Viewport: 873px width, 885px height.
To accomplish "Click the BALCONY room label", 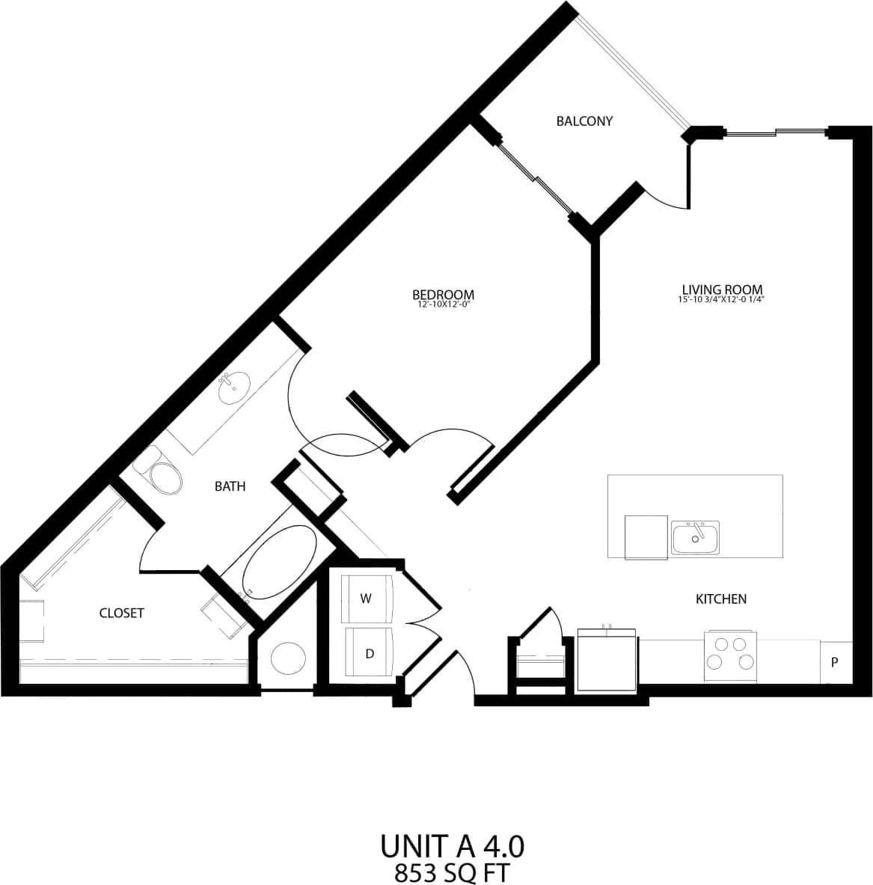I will (584, 121).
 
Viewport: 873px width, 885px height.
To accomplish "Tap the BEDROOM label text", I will (444, 294).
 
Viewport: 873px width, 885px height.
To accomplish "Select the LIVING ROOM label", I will (722, 290).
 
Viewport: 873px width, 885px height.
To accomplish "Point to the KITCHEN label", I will (721, 598).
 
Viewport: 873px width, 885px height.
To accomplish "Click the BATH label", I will (230, 486).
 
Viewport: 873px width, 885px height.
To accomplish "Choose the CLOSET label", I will (121, 613).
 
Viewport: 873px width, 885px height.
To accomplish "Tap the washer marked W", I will (367, 598).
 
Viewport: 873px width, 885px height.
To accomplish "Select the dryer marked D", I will (369, 652).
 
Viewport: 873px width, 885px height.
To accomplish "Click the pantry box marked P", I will (835, 662).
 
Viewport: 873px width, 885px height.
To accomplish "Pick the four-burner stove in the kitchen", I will (730, 653).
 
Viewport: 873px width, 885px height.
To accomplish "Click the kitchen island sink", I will (695, 537).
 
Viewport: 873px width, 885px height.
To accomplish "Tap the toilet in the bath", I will (161, 474).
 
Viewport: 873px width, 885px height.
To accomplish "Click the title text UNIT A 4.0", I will (452, 846).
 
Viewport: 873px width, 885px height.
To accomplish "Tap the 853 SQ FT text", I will (452, 872).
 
